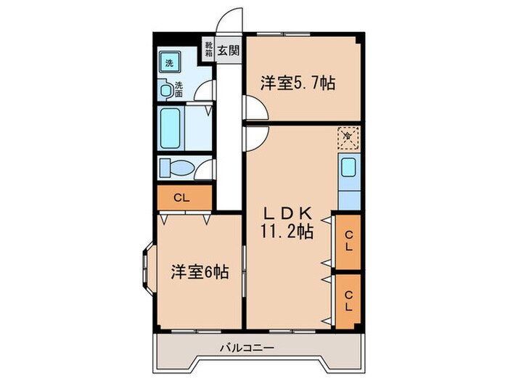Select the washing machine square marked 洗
point(170,63)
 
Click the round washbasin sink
point(168,91)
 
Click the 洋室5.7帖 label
point(298,83)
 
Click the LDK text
point(287,213)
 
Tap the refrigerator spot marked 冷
point(347,137)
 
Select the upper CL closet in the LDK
point(348,240)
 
